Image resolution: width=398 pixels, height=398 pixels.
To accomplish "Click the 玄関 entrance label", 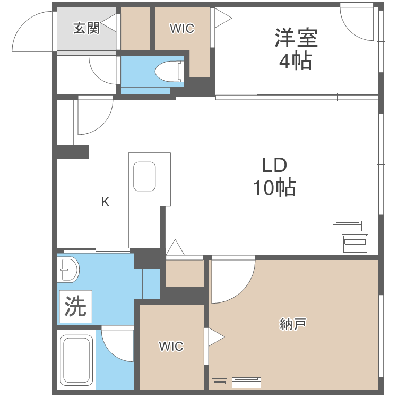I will (86, 28).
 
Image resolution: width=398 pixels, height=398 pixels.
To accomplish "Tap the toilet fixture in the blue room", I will (171, 70).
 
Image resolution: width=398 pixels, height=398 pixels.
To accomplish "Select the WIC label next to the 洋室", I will (181, 29).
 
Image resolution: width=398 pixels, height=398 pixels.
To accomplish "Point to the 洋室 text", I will (296, 38).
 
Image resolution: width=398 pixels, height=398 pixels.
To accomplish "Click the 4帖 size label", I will (296, 62).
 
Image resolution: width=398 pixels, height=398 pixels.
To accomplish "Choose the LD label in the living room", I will (274, 166).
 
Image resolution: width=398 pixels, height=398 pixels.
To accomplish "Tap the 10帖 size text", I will (274, 188).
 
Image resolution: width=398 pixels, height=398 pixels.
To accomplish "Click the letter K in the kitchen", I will (105, 202).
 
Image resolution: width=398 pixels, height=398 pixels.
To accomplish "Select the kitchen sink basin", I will (144, 176).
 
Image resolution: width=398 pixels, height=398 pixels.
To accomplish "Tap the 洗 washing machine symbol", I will (75, 307).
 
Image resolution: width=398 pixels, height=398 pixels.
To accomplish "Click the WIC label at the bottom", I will (171, 347).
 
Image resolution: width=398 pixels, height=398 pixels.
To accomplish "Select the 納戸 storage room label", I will (293, 322).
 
